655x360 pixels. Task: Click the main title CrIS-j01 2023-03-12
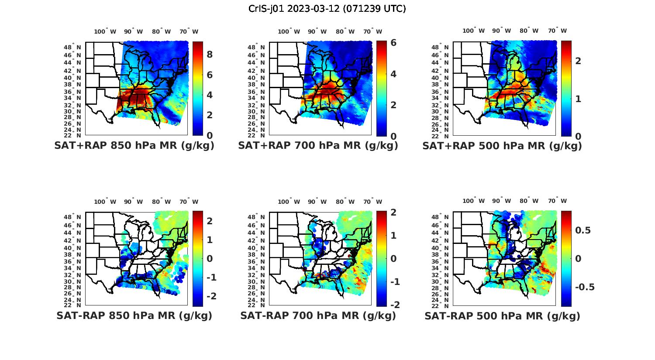click(x=327, y=9)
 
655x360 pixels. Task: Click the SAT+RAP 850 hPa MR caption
click(x=134, y=146)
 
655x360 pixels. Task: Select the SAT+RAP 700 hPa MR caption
click(x=318, y=146)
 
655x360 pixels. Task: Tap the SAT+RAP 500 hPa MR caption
click(x=502, y=146)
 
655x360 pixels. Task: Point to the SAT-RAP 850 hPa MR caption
click(x=134, y=315)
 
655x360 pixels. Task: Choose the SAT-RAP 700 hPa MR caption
click(x=318, y=315)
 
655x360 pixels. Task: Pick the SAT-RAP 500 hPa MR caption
click(x=502, y=315)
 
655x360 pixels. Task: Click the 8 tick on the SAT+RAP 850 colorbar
click(x=210, y=55)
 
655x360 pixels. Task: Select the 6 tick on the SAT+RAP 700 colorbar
click(x=393, y=43)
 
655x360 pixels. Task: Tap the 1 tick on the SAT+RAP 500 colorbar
click(x=578, y=99)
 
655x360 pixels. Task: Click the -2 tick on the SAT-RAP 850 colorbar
click(x=210, y=296)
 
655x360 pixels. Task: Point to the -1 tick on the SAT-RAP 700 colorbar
click(x=394, y=282)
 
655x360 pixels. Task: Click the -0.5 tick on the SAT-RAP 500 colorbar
click(x=585, y=287)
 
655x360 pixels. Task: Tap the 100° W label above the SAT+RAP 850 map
click(x=105, y=31)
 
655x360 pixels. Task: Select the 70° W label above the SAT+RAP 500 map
click(x=558, y=31)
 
